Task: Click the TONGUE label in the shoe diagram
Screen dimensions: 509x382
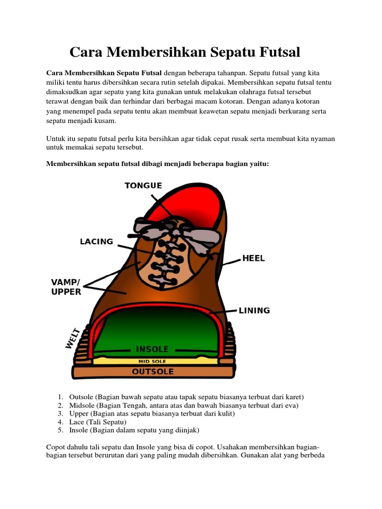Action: (x=143, y=185)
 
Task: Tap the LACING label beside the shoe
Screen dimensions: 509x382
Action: (x=96, y=242)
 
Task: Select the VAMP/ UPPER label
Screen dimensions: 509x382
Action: (x=66, y=287)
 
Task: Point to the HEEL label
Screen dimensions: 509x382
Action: (x=254, y=258)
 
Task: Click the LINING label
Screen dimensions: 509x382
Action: (x=254, y=310)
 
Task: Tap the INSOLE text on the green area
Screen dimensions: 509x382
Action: (x=152, y=349)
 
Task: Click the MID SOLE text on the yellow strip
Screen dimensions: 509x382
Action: (x=152, y=361)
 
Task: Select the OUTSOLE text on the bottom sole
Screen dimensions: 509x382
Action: (x=152, y=371)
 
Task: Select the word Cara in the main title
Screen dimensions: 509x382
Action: (x=85, y=52)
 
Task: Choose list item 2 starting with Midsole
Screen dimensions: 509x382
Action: (x=184, y=405)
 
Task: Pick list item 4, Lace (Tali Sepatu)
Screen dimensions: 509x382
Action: (x=95, y=422)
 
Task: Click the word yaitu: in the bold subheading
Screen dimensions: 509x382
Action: (x=259, y=163)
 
